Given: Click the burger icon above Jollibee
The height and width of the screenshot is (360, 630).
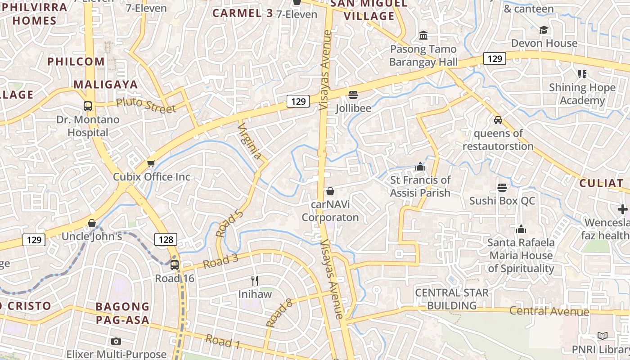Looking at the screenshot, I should coord(353,95).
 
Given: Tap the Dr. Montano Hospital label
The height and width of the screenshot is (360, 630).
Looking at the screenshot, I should coord(88,126).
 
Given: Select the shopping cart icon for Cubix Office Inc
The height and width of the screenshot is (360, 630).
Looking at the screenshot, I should coord(151,163).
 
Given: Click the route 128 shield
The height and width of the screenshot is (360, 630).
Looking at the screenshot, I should coord(166,239).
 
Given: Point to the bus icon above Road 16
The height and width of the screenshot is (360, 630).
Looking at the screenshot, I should coord(175,265).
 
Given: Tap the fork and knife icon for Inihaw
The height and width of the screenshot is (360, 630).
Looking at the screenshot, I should coord(255,281).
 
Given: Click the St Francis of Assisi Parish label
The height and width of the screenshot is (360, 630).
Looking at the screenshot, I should coord(420,186).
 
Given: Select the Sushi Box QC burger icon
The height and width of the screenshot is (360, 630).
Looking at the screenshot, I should coord(502,187).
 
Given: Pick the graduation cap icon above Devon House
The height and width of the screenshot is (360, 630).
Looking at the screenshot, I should coord(544,30).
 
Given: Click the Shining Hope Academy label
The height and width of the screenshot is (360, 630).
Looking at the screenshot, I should coord(582,94).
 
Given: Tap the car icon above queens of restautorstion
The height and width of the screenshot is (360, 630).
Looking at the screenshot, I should coord(498,120).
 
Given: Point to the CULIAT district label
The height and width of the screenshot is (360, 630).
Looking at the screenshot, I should coord(601,183).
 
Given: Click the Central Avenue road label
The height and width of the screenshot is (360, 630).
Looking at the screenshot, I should coord(549,311).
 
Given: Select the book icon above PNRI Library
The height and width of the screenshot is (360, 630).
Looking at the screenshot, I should coord(602,336).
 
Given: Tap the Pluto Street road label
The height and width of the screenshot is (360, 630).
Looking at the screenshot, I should coord(145,105).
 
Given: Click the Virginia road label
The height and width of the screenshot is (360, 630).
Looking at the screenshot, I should coord(250,141).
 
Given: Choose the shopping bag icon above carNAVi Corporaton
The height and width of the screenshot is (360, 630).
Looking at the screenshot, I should coord(330,191).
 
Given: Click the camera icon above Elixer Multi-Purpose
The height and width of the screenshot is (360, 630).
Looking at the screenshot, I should coord(116,341).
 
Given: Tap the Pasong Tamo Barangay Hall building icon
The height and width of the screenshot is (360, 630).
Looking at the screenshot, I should coord(423,36).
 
